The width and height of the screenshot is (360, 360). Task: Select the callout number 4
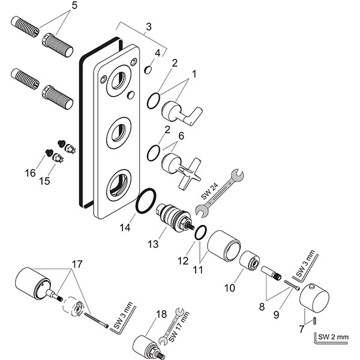[157, 53]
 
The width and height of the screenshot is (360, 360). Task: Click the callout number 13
[154, 244]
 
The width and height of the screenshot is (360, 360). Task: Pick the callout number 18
[161, 314]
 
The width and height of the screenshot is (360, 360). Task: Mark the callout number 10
[229, 287]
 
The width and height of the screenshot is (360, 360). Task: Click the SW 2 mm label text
[334, 337]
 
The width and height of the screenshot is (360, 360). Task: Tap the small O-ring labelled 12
[202, 232]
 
